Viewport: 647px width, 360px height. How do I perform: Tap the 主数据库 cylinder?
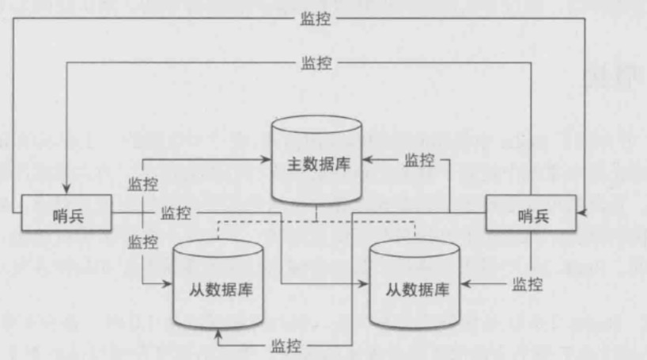pos(316,165)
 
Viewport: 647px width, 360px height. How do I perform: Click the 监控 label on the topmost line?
pos(316,19)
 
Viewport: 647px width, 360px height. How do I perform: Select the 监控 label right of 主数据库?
pos(419,161)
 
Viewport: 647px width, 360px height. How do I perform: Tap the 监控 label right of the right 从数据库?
pos(527,283)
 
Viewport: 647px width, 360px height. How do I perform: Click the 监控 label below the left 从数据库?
pos(286,346)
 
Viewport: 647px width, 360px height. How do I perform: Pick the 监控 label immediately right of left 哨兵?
pos(176,213)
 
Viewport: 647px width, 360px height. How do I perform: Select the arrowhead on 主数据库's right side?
pos(367,161)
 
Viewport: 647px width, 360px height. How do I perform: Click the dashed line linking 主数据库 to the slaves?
pos(316,222)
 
